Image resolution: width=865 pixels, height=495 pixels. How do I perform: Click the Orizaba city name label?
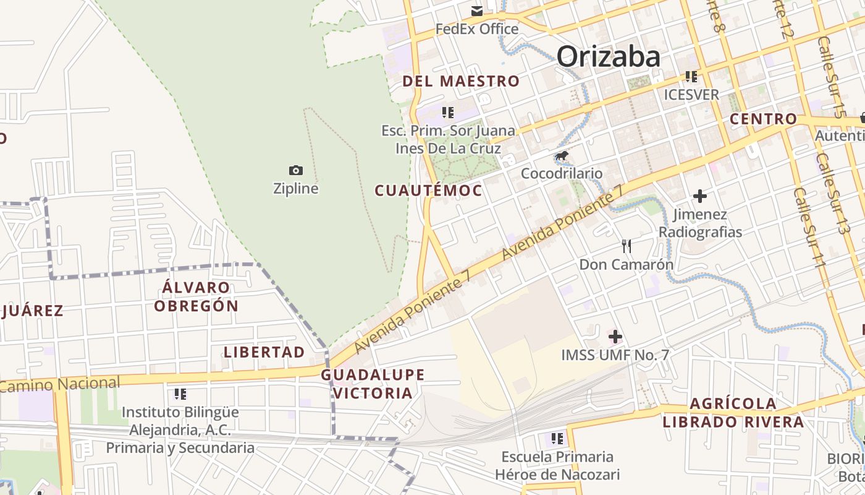click(x=609, y=57)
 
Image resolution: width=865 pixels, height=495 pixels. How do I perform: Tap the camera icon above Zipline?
click(x=296, y=170)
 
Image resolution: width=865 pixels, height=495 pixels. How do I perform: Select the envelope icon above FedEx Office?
click(x=477, y=11)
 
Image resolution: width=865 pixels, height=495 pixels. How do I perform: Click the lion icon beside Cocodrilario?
click(x=562, y=156)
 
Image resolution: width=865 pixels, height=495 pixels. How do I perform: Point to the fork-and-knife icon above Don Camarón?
click(x=627, y=246)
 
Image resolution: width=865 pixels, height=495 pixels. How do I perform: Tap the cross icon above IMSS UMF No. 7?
click(x=615, y=337)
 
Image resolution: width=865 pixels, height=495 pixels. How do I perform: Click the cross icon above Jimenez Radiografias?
click(x=699, y=196)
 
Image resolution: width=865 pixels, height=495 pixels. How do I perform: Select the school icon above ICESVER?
click(x=691, y=77)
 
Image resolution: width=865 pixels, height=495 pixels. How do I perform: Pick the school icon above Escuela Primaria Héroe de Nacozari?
click(x=557, y=439)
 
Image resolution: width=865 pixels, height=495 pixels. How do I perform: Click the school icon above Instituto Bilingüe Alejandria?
click(x=180, y=394)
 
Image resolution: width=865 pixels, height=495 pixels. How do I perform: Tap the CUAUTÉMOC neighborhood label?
click(x=428, y=191)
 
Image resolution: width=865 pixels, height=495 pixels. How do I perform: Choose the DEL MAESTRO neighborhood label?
click(x=461, y=81)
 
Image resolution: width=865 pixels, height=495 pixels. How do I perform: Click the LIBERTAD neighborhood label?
click(x=264, y=352)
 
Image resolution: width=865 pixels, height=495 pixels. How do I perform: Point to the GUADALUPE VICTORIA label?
click(x=373, y=384)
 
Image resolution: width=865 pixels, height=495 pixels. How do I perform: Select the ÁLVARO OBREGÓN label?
click(x=196, y=296)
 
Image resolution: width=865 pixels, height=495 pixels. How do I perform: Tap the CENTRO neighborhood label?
click(x=764, y=119)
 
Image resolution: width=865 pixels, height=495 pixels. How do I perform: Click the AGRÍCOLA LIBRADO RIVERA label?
click(x=733, y=413)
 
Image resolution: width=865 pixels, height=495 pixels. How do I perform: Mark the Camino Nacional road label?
click(x=60, y=384)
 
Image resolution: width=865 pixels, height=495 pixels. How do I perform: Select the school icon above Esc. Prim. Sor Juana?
click(x=448, y=113)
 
